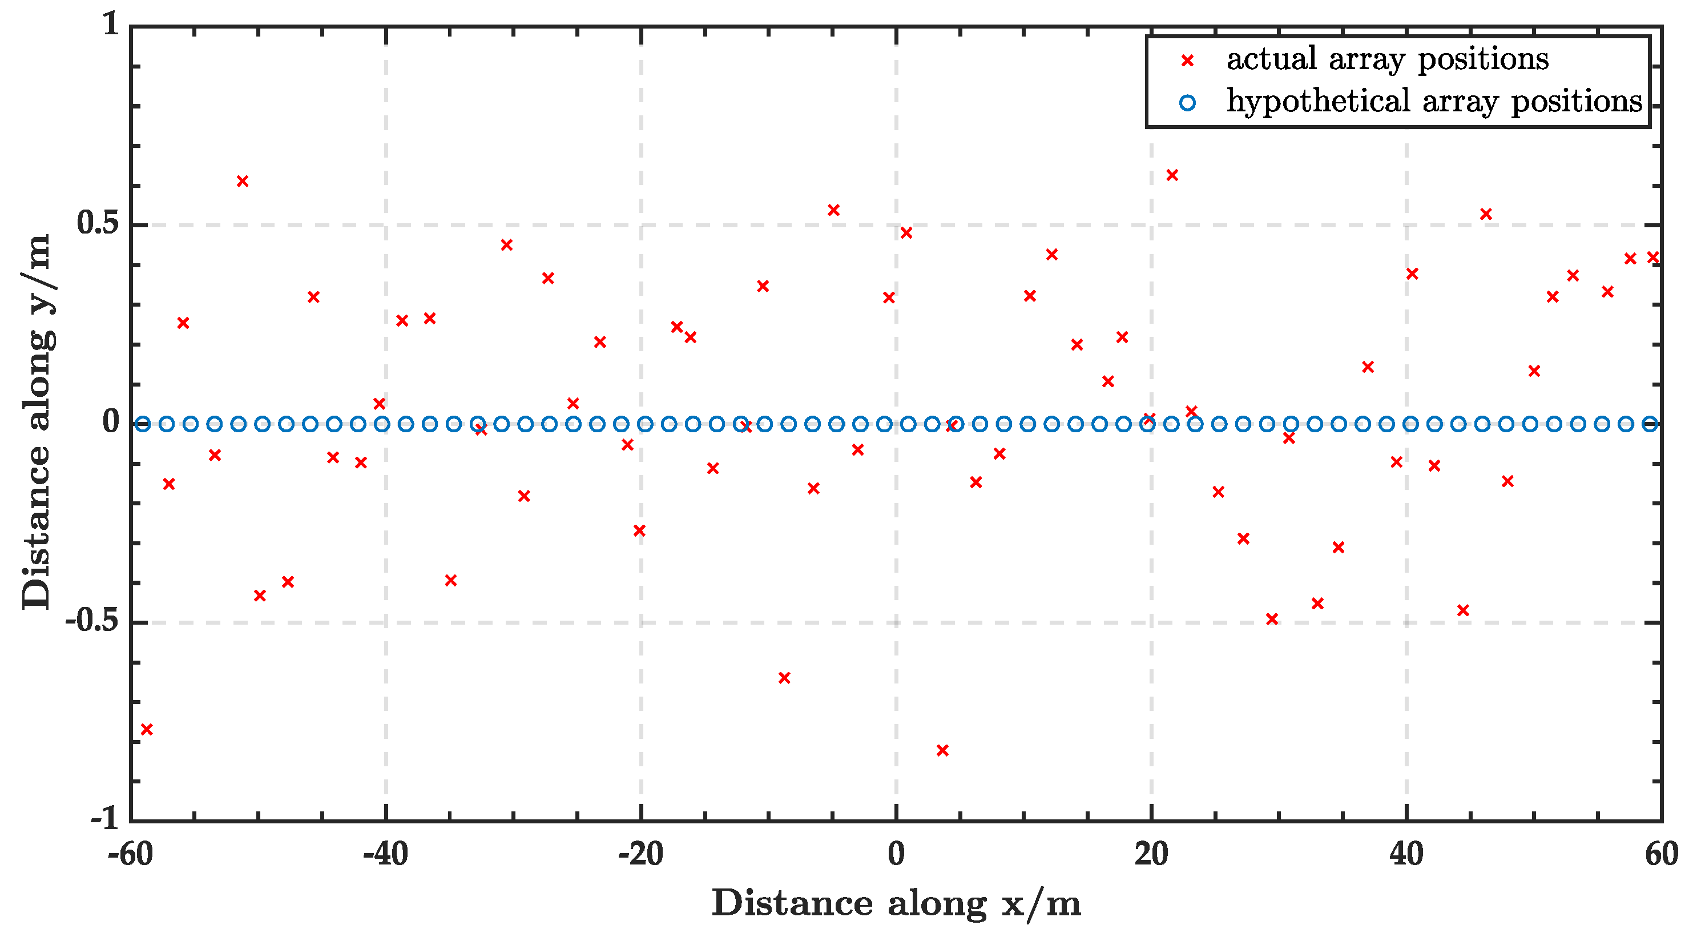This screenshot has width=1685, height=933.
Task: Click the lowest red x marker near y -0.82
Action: point(942,750)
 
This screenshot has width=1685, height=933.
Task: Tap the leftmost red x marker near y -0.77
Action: point(147,729)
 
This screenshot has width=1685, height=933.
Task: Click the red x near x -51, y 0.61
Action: point(242,181)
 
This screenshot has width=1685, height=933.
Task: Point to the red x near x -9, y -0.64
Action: point(784,677)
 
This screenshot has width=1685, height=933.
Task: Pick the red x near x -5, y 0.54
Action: point(833,210)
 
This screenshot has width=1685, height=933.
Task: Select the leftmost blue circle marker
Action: point(143,424)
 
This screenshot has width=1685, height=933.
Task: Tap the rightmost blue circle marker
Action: point(1650,424)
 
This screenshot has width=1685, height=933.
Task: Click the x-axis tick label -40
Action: point(385,854)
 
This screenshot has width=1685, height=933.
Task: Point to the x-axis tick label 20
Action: point(1151,854)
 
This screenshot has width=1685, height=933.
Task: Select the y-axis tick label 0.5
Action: point(98,224)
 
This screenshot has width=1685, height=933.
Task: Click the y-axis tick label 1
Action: point(112,25)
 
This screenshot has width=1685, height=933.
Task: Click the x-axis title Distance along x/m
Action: point(896,903)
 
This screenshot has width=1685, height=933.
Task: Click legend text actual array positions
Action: point(1386,59)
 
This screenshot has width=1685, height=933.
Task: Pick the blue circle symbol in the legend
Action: point(1187,103)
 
